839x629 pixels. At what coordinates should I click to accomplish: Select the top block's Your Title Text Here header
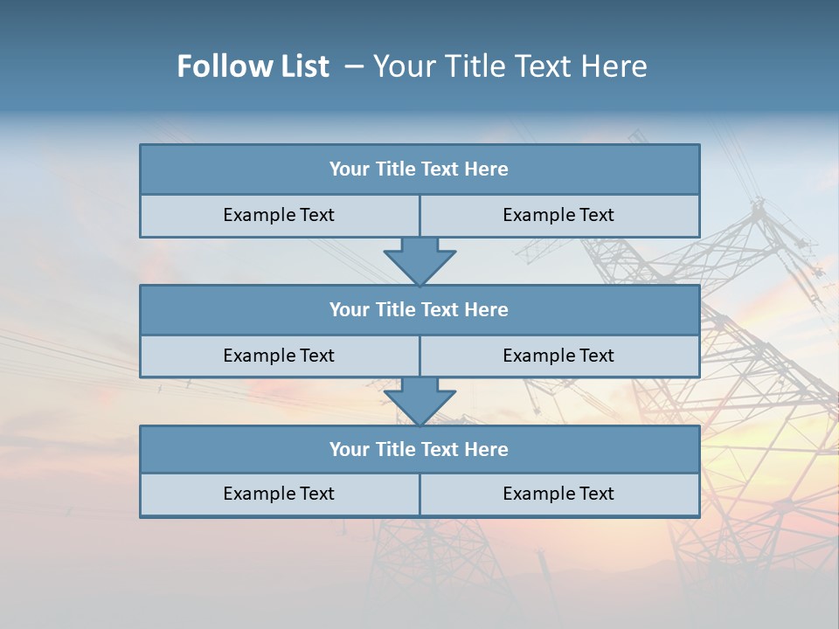click(x=419, y=169)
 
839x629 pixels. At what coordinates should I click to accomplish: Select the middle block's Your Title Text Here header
click(x=419, y=309)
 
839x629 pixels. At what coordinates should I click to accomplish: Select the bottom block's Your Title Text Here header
click(x=419, y=449)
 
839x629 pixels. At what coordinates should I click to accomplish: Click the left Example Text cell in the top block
click(x=279, y=215)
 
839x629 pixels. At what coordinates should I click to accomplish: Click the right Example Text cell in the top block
click(x=558, y=215)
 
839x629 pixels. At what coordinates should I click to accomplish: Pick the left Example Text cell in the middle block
click(x=279, y=356)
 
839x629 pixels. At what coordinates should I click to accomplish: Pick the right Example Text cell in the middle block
click(x=558, y=356)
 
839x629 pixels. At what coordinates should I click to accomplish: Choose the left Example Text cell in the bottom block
click(x=279, y=494)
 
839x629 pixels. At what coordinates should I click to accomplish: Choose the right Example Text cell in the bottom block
click(x=558, y=494)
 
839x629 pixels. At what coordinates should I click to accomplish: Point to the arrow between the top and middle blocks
click(x=419, y=260)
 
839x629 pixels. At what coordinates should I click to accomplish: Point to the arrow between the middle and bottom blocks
click(x=419, y=400)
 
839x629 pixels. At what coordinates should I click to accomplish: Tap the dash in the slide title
click(x=354, y=66)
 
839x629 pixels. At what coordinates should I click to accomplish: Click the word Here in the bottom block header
click(x=486, y=449)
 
